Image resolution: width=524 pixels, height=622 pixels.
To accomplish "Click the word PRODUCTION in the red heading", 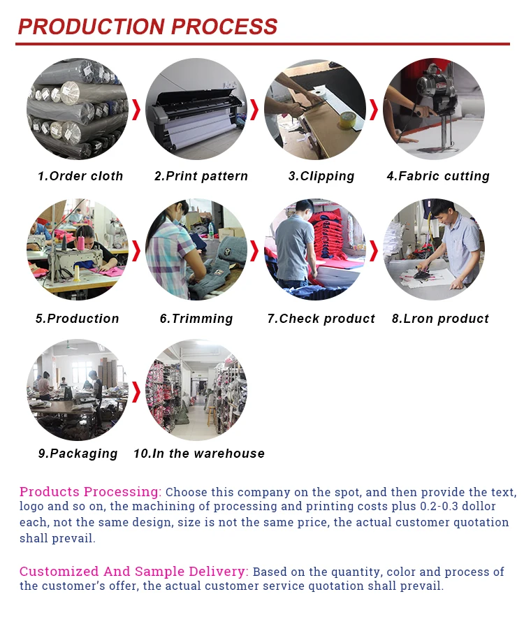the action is click(x=92, y=27).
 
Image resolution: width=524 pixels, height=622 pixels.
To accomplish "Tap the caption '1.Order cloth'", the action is click(x=80, y=176).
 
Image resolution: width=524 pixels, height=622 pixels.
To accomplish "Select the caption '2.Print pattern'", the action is click(x=201, y=176).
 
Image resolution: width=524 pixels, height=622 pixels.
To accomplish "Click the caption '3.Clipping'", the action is click(x=321, y=177).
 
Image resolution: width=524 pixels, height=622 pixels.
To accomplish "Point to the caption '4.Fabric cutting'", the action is click(x=438, y=177).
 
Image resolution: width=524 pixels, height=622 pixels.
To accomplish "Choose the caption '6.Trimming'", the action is click(x=196, y=319).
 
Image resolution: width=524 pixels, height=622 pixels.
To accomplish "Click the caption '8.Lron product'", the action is click(x=440, y=319).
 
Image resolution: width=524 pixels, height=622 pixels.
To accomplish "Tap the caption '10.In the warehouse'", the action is click(x=199, y=454).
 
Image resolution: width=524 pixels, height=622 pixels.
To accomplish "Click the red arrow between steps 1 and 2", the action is click(x=136, y=110).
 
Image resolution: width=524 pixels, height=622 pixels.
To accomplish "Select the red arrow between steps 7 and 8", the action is click(x=374, y=251).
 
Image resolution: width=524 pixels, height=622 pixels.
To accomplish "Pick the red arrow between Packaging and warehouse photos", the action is click(x=136, y=391).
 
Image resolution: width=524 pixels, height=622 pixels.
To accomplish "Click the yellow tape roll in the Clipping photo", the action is click(x=347, y=120).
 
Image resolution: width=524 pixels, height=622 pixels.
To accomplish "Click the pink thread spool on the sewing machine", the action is click(x=81, y=243).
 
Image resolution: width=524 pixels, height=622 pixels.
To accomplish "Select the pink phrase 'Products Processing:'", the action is click(x=90, y=492).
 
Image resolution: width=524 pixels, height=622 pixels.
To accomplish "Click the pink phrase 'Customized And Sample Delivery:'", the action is click(x=134, y=572).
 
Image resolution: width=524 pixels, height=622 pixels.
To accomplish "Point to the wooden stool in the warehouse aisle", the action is click(x=212, y=415).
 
